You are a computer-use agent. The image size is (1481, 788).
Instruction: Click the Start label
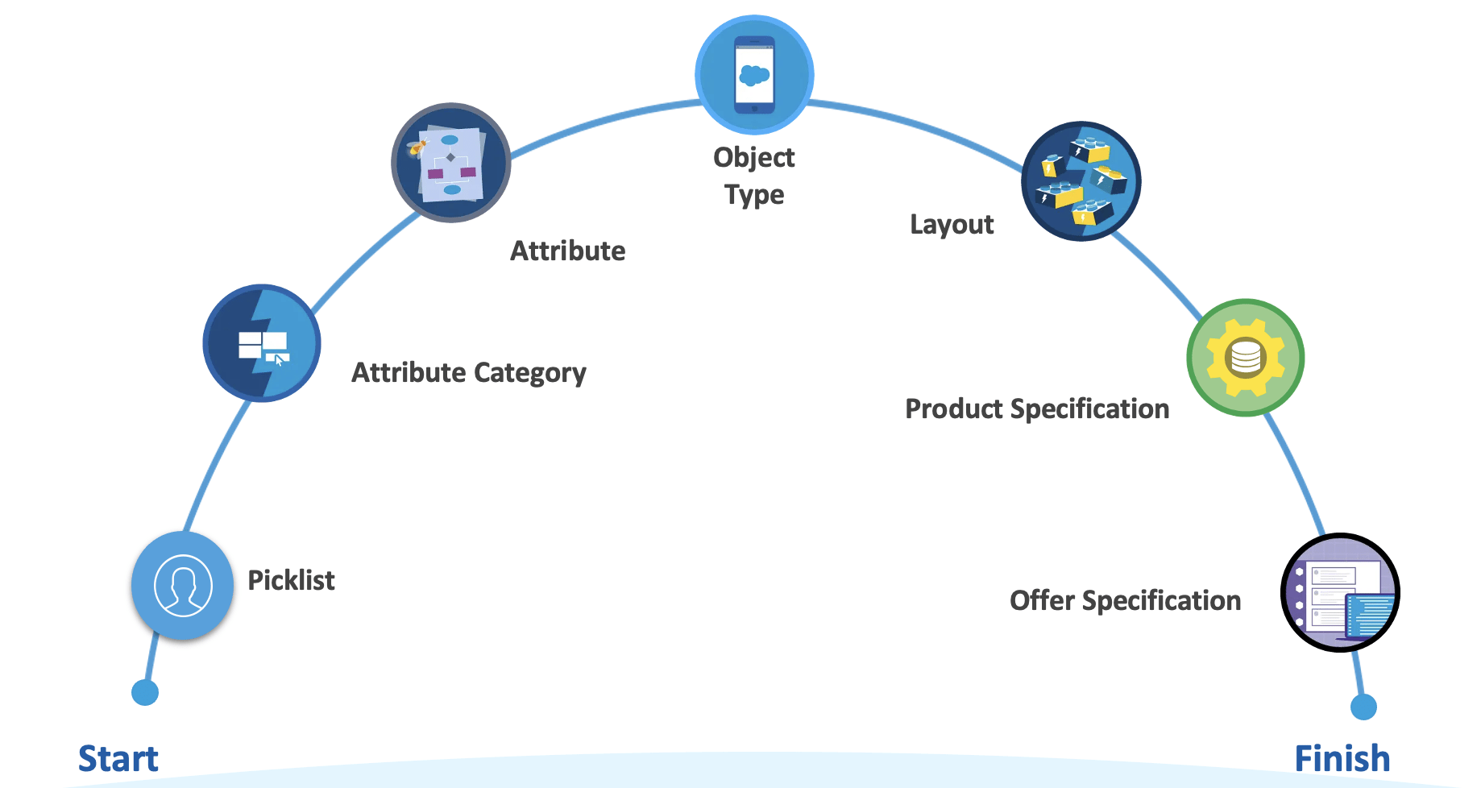tap(118, 759)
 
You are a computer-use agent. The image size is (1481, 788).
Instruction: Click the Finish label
tap(1342, 759)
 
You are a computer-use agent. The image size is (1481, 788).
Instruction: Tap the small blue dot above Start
tap(145, 692)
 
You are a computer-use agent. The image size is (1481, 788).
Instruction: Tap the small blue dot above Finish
tap(1363, 707)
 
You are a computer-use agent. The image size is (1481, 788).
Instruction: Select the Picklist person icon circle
tap(183, 586)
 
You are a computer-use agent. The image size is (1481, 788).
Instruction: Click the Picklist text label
tap(291, 580)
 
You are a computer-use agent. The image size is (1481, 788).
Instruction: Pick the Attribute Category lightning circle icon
tap(262, 343)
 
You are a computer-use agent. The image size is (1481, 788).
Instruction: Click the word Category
tap(529, 373)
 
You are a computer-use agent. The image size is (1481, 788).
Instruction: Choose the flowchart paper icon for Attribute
tap(451, 164)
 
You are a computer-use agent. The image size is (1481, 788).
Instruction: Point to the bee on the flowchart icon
tap(417, 147)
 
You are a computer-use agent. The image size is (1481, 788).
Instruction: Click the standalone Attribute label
tap(567, 251)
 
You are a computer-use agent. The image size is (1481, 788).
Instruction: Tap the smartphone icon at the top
tap(754, 74)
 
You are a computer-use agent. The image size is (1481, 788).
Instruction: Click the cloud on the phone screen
tap(755, 76)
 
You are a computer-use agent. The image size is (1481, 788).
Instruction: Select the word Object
tap(754, 157)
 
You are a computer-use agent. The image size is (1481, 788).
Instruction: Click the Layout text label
tap(952, 224)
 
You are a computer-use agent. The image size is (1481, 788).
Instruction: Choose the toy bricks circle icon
tap(1081, 181)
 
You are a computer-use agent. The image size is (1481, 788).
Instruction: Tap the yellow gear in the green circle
tap(1246, 357)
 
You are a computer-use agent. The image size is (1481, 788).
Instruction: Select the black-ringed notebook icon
tap(1340, 593)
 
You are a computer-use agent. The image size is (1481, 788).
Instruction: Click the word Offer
tap(1042, 600)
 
